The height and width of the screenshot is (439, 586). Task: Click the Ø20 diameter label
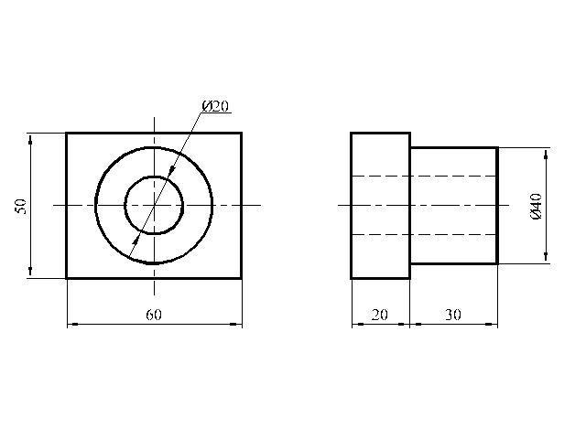(x=215, y=106)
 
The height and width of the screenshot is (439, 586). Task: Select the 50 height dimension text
(x=21, y=206)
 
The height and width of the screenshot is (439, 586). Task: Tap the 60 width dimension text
(x=154, y=315)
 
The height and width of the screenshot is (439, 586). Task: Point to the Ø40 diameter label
(x=537, y=207)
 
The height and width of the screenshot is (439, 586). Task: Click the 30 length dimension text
(x=453, y=315)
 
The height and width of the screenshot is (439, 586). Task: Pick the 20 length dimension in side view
(x=380, y=315)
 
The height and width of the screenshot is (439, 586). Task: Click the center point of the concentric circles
(x=154, y=205)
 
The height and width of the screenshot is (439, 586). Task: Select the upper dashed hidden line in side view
(x=425, y=176)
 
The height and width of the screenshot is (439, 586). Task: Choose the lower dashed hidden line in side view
(x=425, y=234)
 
